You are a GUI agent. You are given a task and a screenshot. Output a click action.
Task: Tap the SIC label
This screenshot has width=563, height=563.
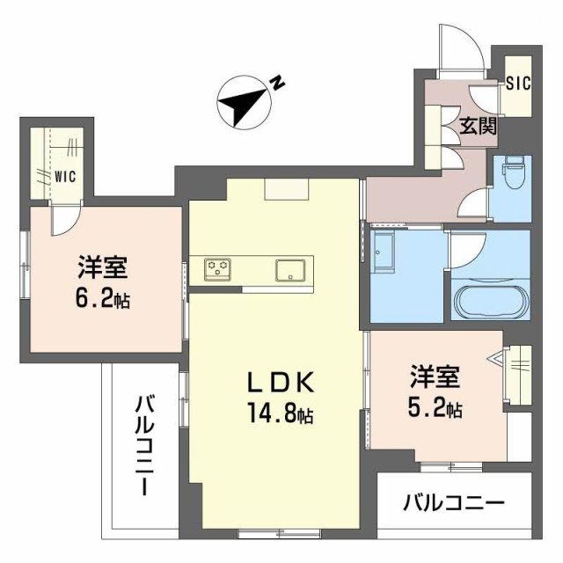(518, 84)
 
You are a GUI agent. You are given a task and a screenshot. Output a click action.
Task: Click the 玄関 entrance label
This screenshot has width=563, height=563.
(478, 125)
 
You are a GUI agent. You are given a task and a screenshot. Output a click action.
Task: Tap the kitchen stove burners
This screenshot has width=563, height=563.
(217, 267)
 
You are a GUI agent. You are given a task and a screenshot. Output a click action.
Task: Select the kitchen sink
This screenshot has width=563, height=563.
(289, 268)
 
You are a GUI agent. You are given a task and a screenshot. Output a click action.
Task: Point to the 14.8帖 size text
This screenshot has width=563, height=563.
(276, 412)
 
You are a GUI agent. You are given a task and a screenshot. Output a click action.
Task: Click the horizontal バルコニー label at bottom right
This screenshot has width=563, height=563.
(454, 503)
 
